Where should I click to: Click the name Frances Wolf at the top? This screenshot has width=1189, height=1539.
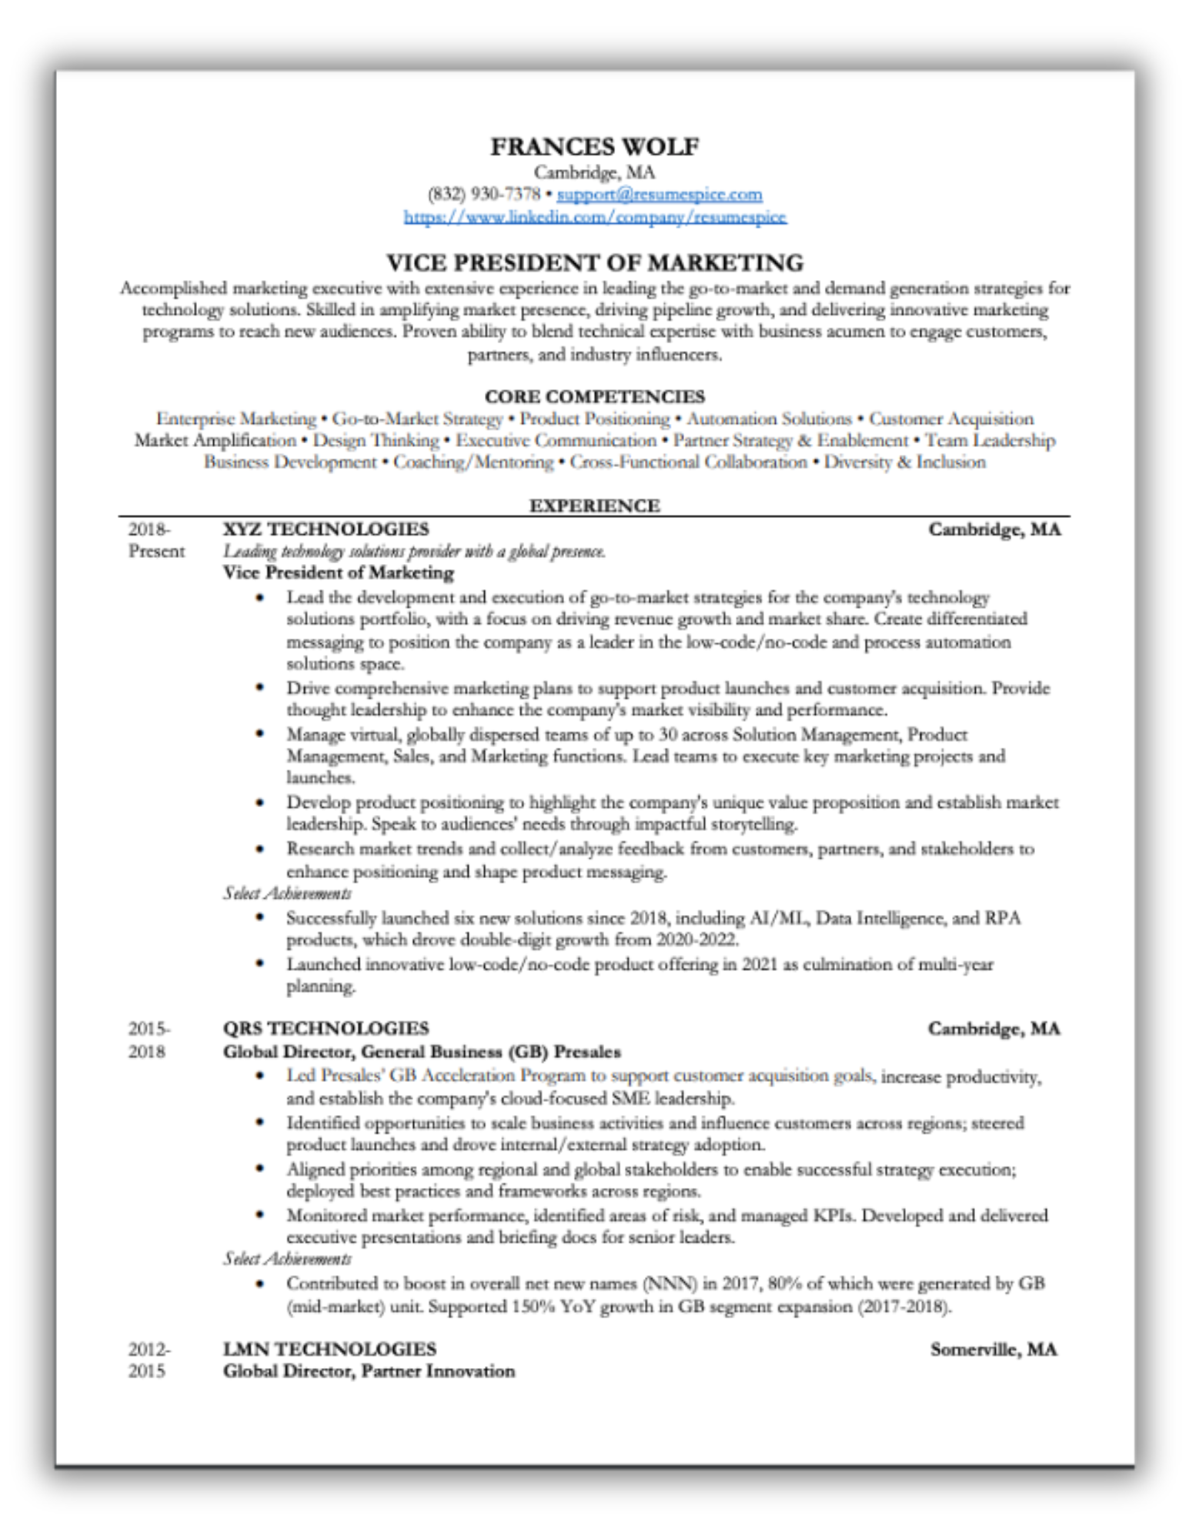(x=594, y=146)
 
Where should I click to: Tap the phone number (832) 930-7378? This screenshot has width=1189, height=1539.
(x=483, y=194)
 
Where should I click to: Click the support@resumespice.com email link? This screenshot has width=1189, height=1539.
(x=660, y=194)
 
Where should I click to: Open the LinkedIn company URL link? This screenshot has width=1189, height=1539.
(x=595, y=217)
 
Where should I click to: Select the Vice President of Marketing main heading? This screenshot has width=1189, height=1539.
(x=594, y=263)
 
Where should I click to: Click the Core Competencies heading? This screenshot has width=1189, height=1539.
(x=594, y=396)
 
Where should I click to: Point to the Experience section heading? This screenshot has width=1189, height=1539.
(x=594, y=506)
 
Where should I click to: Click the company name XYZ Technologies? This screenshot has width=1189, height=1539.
(x=326, y=529)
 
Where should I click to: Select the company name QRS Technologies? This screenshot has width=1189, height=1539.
(x=326, y=1029)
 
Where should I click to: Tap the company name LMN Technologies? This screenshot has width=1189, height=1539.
(x=329, y=1349)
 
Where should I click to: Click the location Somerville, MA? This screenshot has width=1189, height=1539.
(x=993, y=1349)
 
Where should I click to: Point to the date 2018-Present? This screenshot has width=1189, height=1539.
(x=155, y=540)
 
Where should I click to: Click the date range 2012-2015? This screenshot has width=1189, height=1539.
(x=149, y=1360)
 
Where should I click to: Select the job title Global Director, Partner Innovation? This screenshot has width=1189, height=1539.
(x=369, y=1371)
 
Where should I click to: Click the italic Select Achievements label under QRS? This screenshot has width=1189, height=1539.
(x=287, y=1259)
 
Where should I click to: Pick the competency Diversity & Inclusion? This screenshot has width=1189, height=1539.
(x=904, y=462)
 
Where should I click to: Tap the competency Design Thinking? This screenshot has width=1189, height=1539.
(x=376, y=441)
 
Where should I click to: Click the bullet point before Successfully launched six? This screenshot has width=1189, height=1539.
(x=261, y=917)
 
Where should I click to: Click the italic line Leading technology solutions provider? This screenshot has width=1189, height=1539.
(x=414, y=551)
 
